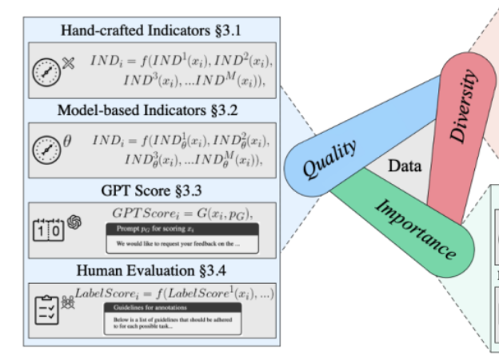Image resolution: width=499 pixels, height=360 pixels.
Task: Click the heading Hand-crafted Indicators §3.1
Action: coord(151,30)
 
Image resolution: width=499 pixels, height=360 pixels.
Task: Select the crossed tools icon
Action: coord(69,61)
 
